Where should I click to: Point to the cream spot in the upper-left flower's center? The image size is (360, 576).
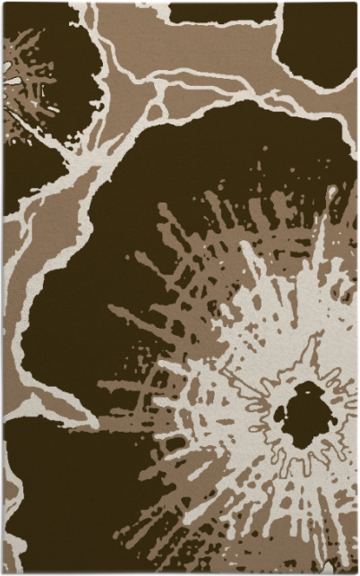tap(12, 82)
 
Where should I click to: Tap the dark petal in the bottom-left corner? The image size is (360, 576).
tap(54, 502)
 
